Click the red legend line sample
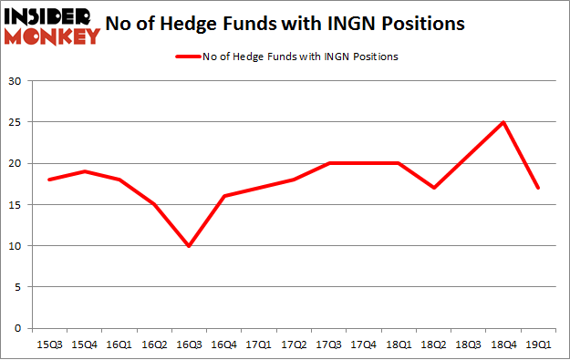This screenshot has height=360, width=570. point(190,57)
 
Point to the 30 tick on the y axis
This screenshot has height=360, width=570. point(16,81)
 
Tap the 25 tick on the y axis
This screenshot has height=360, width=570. point(16,122)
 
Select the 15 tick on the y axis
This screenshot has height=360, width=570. point(16,204)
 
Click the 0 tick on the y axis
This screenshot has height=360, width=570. point(18,328)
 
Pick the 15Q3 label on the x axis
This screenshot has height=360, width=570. point(49,345)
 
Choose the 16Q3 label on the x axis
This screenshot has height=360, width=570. point(188,345)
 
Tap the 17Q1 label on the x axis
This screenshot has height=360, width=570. point(258,345)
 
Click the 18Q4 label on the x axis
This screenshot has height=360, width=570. point(502,345)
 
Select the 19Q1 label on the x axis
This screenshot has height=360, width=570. point(536,345)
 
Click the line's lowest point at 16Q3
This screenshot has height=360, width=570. point(188,246)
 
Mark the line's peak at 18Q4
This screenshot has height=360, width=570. point(502,122)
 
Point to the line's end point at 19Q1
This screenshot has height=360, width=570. point(536,188)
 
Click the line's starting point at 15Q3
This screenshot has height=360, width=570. point(49,180)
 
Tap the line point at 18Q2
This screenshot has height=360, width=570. point(432,188)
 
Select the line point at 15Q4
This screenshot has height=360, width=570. point(84,171)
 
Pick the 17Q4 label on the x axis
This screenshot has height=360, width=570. point(362,345)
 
